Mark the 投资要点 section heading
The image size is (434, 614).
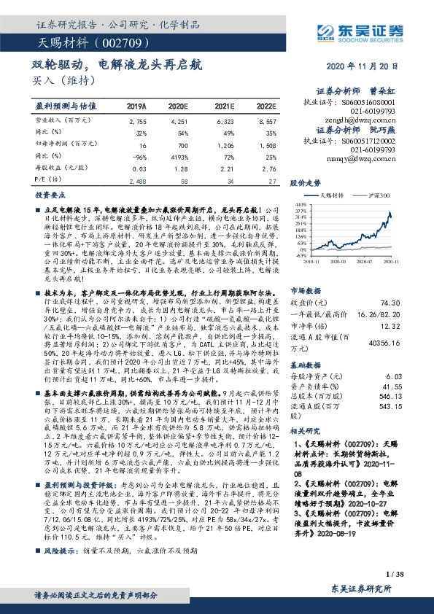(x=50, y=197)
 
